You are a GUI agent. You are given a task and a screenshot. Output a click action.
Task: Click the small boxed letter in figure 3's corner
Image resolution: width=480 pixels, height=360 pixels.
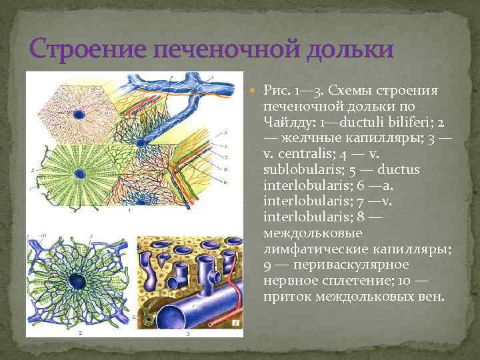click(x=238, y=325)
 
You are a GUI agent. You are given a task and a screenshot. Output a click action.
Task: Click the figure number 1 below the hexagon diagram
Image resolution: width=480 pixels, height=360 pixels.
click(x=129, y=210)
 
